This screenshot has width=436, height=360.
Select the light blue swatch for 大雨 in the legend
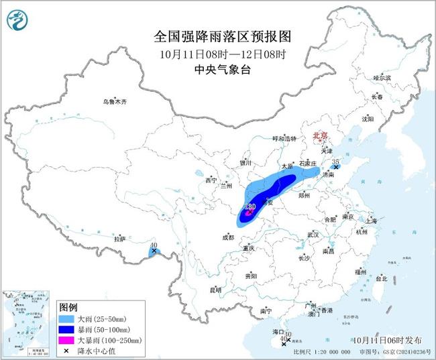[66, 318]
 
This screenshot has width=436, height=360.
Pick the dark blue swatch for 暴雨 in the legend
[66, 329]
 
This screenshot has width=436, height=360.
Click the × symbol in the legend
[66, 351]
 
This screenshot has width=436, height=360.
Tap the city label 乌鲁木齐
[114, 101]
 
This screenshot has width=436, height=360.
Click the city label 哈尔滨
[382, 78]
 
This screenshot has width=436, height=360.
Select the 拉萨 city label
[120, 239]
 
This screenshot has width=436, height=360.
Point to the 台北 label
[380, 278]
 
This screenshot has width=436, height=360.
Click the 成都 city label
[228, 237]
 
